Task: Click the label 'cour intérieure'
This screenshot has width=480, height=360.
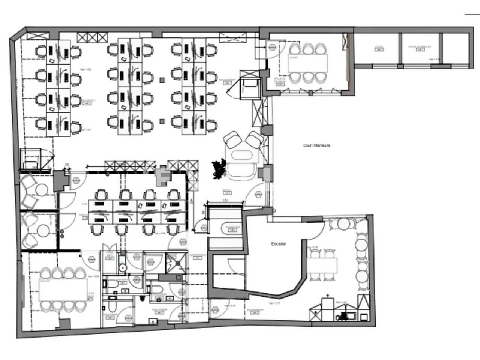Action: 316,145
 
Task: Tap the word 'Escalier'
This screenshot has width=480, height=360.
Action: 279,244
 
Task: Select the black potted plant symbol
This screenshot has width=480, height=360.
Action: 219,169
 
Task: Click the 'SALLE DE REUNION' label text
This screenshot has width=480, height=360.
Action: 280,80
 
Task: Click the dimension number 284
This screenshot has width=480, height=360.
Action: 192,201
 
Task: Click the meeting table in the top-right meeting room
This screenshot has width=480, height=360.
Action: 307,63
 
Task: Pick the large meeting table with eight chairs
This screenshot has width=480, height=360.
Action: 63,289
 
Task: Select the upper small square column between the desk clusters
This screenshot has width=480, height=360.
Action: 162,79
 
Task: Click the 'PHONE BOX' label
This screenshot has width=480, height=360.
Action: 232,228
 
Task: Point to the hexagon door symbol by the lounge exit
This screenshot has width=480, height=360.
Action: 258,195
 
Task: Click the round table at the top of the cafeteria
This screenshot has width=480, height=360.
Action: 343,224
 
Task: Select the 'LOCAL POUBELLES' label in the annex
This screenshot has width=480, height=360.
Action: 419,47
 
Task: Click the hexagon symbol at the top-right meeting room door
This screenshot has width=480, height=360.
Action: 271,47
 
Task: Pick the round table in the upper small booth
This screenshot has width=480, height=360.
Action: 41,190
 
